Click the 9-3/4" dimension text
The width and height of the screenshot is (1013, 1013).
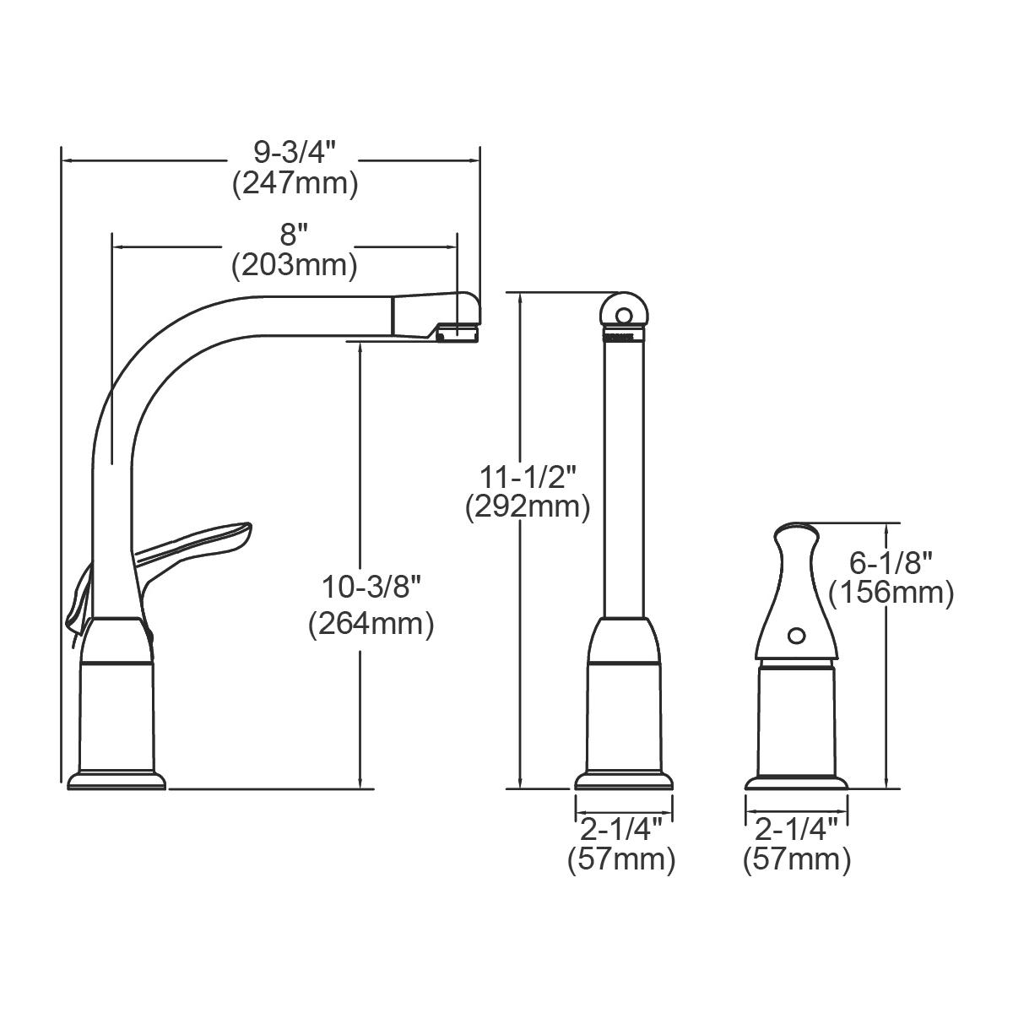coord(295,153)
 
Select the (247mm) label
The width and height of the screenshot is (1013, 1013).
coord(295,183)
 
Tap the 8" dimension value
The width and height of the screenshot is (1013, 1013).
coord(295,234)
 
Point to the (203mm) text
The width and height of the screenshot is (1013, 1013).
coord(295,265)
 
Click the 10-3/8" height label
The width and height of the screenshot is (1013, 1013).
coord(371,586)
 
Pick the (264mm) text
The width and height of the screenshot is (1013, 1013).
coord(371,625)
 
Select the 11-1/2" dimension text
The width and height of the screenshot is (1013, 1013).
coord(528,477)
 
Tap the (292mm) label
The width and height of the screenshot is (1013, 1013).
coord(528,507)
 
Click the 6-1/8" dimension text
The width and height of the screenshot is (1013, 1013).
coord(891,561)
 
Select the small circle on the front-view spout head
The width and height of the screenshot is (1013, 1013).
coord(624,316)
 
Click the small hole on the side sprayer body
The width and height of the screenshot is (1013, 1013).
coord(795,633)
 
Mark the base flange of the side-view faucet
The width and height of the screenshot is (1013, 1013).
coord(116,780)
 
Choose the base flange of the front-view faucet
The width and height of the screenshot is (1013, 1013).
coord(625,781)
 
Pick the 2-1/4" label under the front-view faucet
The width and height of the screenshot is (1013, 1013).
coord(622,828)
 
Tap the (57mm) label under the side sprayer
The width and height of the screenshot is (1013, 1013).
coord(796,860)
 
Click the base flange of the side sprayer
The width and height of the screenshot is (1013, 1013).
coord(796,781)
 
